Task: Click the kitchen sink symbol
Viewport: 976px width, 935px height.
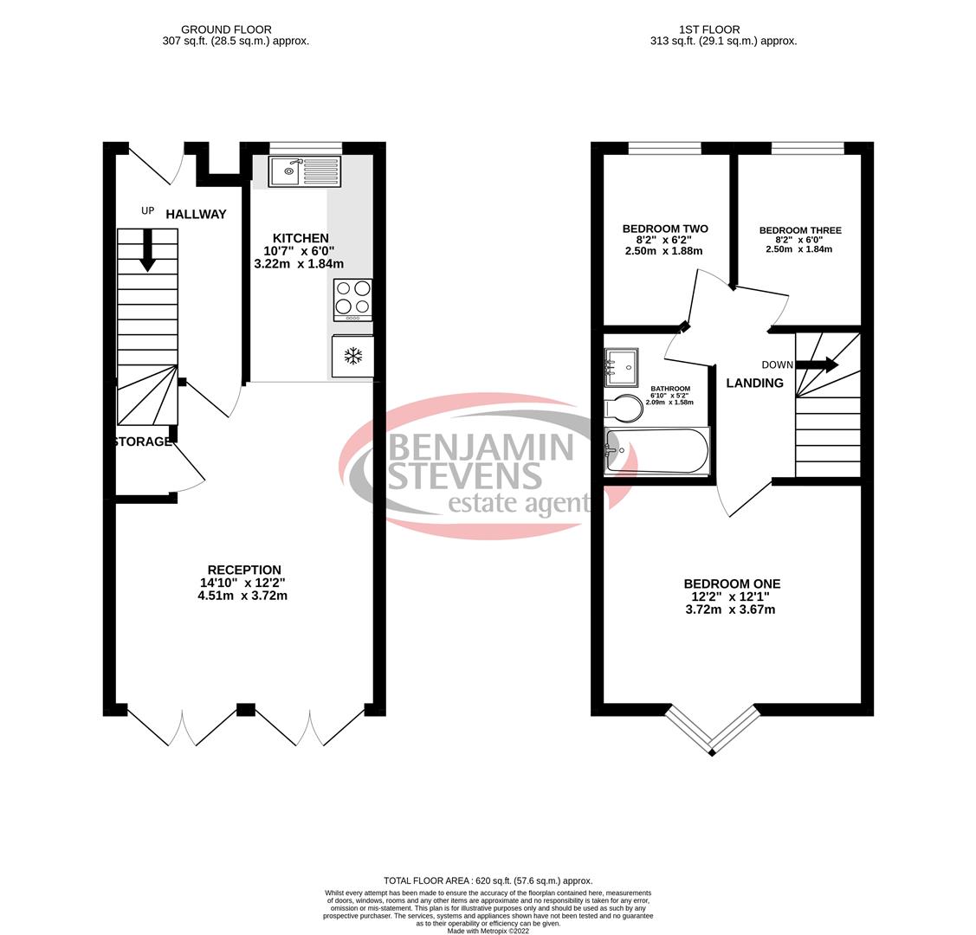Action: coord(304,171)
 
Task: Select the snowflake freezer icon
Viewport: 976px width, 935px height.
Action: coord(352,355)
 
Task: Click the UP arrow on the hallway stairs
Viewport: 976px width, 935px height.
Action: coord(148,250)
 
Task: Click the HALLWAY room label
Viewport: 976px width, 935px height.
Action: coord(196,214)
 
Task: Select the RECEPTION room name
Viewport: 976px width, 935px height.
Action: coord(243,570)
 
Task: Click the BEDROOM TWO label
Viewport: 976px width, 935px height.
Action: coord(664,229)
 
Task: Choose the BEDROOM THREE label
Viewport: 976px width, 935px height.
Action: coord(799,230)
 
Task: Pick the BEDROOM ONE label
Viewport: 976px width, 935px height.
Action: coord(731,584)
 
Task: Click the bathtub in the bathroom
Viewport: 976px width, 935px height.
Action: coord(657,451)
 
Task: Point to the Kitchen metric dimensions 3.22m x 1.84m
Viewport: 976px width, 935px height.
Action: coord(299,263)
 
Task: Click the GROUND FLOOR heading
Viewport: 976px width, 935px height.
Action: coord(226,29)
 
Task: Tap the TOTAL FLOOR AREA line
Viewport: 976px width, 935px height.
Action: coord(488,880)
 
